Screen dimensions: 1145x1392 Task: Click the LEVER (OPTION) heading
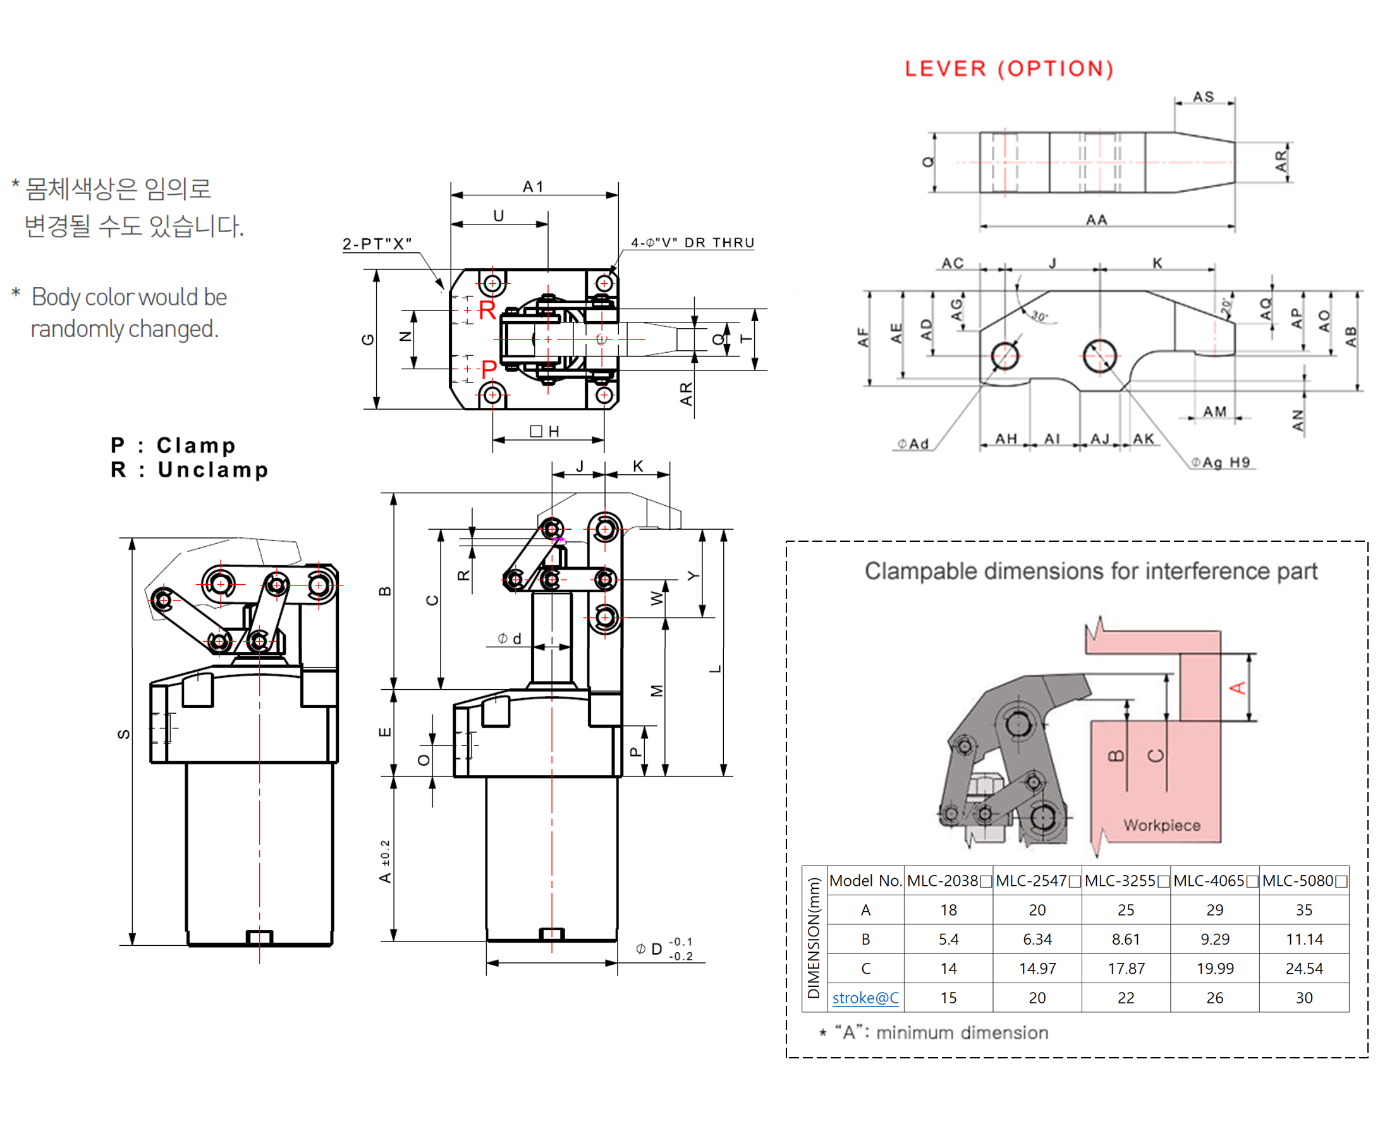point(1008,68)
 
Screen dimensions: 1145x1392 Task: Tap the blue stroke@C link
point(865,998)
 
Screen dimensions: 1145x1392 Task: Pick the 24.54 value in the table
point(1303,968)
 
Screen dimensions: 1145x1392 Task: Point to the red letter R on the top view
point(487,309)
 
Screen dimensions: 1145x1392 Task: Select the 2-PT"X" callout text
point(377,243)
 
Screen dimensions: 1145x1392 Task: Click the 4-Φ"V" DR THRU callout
point(692,243)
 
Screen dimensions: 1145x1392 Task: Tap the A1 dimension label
point(533,187)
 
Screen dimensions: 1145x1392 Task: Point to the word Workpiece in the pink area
point(1161,825)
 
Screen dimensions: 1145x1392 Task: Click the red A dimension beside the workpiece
point(1237,688)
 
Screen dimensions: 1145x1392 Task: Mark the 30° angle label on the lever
point(1039,316)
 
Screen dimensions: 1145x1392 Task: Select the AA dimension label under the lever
point(1096,219)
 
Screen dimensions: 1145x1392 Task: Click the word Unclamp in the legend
point(213,470)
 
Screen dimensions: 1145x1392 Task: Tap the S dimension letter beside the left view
point(123,734)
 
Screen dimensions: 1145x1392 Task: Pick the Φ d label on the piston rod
point(509,639)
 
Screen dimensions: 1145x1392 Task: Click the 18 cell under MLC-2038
point(948,910)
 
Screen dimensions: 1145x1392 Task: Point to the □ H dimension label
point(545,431)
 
